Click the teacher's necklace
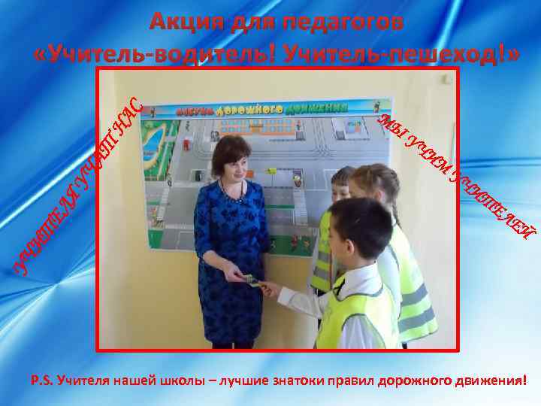pyautogui.click(x=229, y=192)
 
